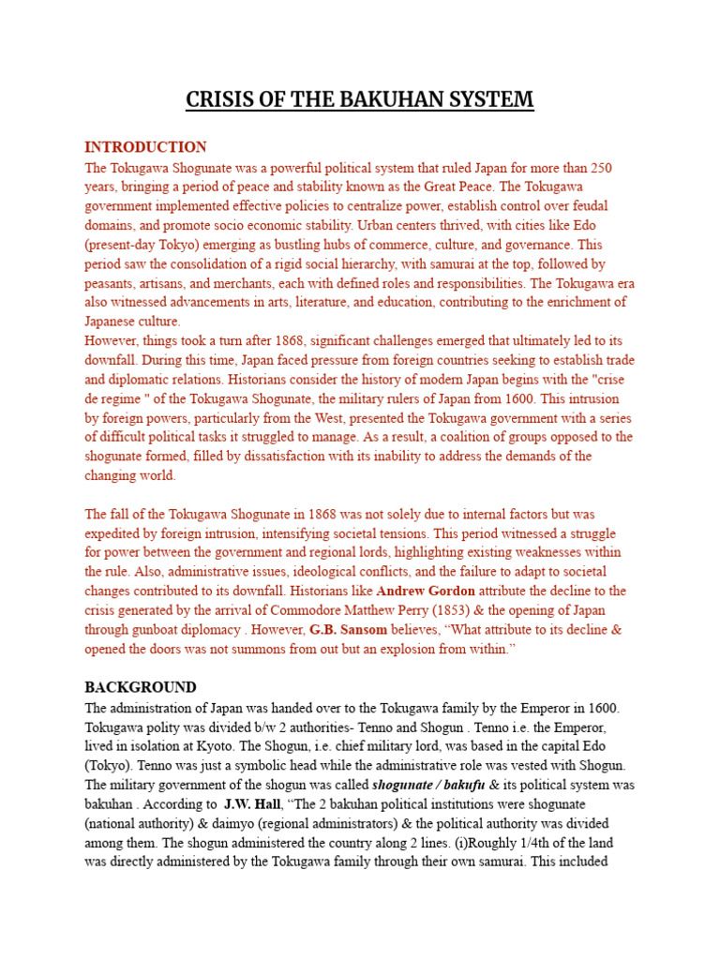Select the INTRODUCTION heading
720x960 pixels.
[145, 147]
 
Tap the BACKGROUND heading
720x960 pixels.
[141, 687]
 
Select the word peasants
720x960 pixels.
[112, 283]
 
